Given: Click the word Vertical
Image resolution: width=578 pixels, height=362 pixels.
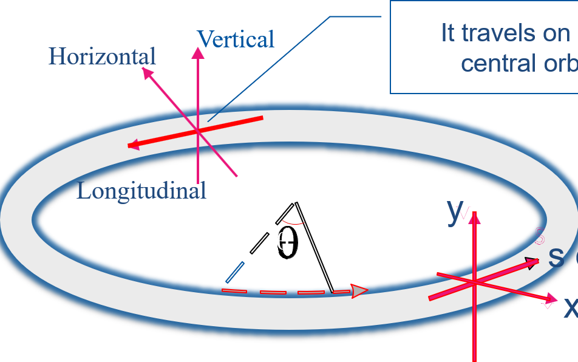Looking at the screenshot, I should pos(236,39).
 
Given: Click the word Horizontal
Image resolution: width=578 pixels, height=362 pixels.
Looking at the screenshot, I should pos(102,56).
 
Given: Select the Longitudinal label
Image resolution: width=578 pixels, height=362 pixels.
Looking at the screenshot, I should pos(141,191).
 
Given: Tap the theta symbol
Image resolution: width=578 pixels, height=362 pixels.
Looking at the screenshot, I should pos(282,242).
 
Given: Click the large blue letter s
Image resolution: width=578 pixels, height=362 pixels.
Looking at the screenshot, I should pos(556,257).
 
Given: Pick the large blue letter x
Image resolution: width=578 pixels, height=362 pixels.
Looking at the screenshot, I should pos(571,307).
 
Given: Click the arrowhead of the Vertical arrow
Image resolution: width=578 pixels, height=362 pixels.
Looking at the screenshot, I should pos(198,53).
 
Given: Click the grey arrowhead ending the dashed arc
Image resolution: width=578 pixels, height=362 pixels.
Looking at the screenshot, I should pos(359,292).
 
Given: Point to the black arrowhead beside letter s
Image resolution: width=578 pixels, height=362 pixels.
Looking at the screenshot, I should pos(532,263).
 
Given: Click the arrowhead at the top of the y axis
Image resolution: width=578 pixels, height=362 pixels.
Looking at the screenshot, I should pos(474,217).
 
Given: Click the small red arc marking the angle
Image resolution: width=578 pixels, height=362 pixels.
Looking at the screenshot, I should pos(291,222).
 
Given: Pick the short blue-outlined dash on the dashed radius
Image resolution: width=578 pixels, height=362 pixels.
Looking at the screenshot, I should pos(235,272).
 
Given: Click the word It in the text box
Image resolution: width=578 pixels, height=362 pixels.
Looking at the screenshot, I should pos(448,34).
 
